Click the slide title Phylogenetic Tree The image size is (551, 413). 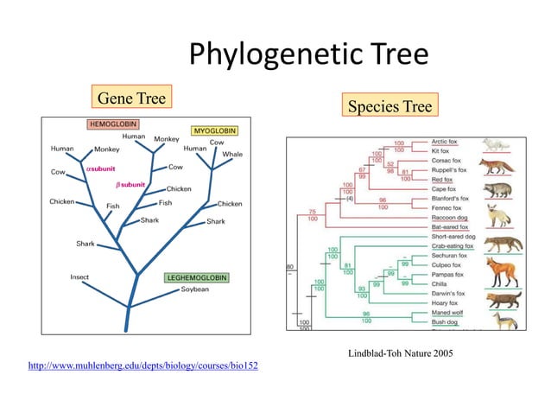308,55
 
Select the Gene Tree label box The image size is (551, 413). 130,98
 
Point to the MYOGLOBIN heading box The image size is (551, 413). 214,130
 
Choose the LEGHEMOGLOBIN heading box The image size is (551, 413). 198,277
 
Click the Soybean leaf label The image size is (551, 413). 194,289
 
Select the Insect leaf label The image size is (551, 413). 79,277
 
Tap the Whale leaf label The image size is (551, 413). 232,154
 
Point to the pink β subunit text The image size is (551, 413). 130,184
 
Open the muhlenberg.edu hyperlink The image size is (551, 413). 143,366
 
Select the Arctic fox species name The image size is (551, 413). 446,142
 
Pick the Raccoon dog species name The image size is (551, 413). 449,218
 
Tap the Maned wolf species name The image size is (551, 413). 447,313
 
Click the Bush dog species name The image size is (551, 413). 445,322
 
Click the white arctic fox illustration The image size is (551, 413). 497,144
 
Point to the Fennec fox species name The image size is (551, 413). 447,208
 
